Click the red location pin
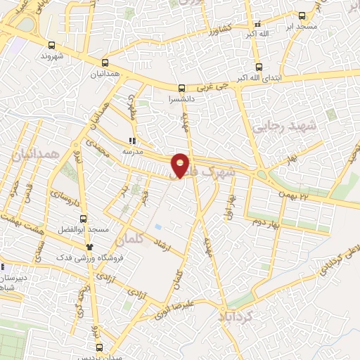click(181, 165)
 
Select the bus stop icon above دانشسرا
click(182, 89)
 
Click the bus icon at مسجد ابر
click(302, 15)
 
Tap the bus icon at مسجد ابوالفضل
click(84, 219)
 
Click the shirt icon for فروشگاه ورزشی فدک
click(89, 247)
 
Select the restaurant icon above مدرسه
click(133, 139)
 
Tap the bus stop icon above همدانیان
click(105, 63)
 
